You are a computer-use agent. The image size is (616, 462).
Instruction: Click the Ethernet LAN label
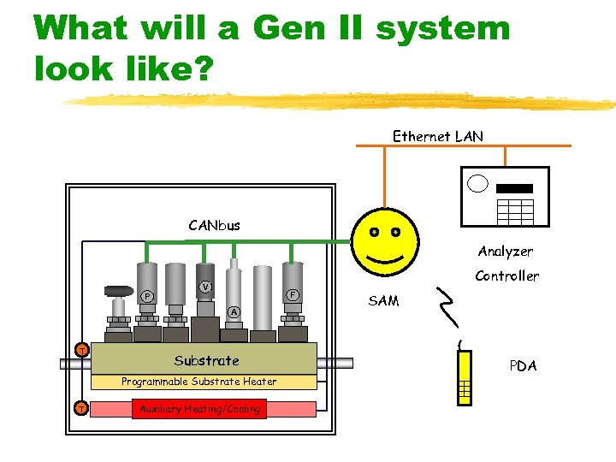(x=437, y=136)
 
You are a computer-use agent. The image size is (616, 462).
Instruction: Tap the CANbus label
(x=214, y=226)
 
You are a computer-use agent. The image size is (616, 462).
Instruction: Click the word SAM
(x=383, y=300)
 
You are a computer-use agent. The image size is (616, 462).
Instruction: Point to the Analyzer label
(x=505, y=252)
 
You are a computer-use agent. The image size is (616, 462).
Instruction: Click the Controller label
(x=506, y=275)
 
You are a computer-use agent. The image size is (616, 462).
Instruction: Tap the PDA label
(x=523, y=365)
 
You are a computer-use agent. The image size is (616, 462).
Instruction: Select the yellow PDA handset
(x=465, y=377)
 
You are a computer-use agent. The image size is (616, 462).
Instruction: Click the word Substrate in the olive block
(x=206, y=360)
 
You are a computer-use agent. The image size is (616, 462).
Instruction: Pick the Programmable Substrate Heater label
(x=199, y=382)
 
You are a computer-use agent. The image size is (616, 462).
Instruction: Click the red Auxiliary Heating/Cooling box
(x=199, y=409)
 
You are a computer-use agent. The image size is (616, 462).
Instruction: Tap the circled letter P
(x=147, y=296)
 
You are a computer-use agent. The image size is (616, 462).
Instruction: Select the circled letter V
(x=205, y=287)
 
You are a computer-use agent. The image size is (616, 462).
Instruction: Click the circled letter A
(x=234, y=311)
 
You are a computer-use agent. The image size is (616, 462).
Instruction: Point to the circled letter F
(x=292, y=294)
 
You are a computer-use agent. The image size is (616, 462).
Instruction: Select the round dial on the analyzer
(x=477, y=183)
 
